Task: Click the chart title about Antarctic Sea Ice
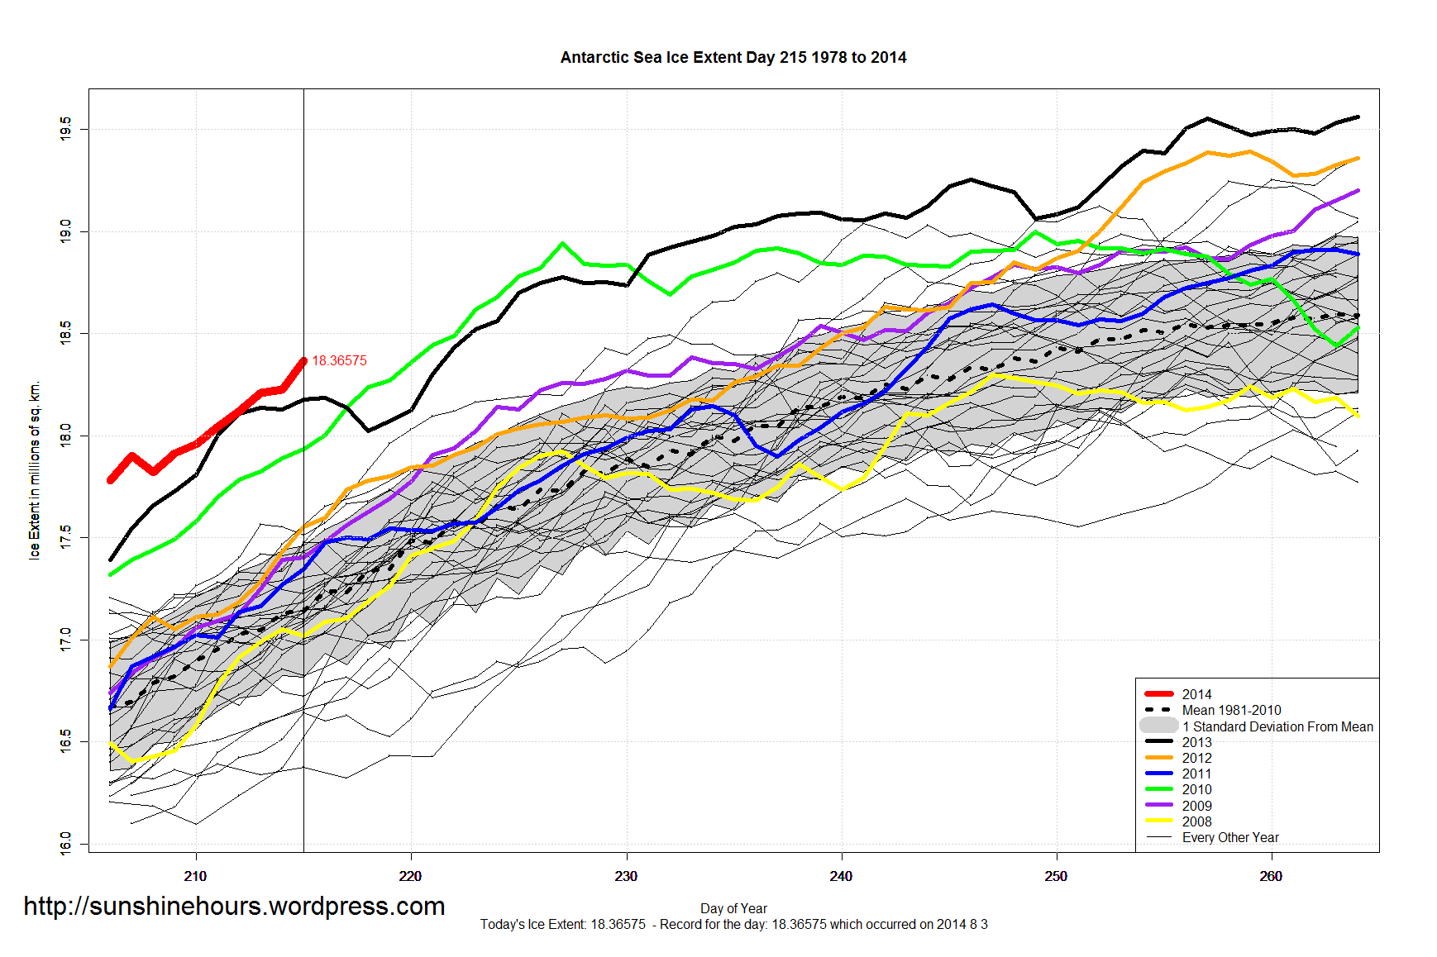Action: (x=733, y=58)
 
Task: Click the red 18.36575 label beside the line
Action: (x=339, y=361)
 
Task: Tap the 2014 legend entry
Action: (x=1196, y=694)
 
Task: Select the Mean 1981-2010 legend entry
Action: (x=1230, y=710)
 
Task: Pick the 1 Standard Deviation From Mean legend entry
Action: (x=1277, y=726)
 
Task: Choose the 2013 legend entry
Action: (x=1196, y=742)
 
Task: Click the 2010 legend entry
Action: (x=1196, y=789)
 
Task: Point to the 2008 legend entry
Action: (x=1196, y=821)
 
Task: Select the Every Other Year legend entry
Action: (x=1229, y=837)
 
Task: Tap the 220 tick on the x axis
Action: (x=411, y=876)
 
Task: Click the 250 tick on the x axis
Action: (x=1056, y=876)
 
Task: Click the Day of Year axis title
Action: (x=733, y=908)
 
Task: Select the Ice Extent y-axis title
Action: (x=35, y=470)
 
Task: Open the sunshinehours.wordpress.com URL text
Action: (x=234, y=907)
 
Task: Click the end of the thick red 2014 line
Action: (x=303, y=361)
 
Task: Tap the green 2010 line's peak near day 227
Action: (x=562, y=243)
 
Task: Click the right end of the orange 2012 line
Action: (x=1358, y=158)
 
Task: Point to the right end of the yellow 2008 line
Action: (x=1358, y=416)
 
